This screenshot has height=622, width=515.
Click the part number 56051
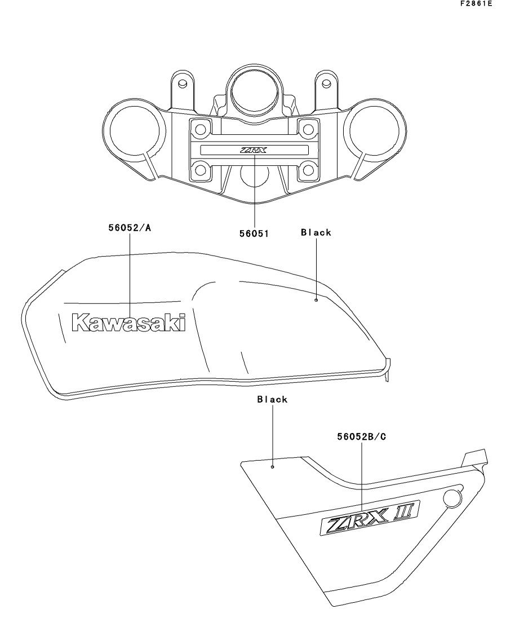(254, 233)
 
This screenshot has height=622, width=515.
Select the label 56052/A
(130, 228)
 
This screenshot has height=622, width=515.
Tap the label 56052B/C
(362, 436)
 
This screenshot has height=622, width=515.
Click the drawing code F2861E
(476, 3)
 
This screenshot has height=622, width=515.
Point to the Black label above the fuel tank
(316, 232)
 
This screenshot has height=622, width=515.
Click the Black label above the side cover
(272, 399)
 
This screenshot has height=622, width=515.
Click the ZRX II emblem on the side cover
(370, 518)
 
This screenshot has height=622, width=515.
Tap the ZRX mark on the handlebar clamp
(254, 150)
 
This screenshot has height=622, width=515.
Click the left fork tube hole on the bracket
(134, 130)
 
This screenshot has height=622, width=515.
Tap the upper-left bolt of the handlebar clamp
(201, 129)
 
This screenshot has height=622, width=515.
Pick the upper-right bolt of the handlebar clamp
(308, 129)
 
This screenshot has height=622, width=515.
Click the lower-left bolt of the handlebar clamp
(201, 170)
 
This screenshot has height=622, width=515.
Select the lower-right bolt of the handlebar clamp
(308, 170)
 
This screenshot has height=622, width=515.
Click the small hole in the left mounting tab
(183, 83)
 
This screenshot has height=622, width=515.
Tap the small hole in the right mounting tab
(326, 83)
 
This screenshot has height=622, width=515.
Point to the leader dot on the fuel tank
(316, 300)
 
